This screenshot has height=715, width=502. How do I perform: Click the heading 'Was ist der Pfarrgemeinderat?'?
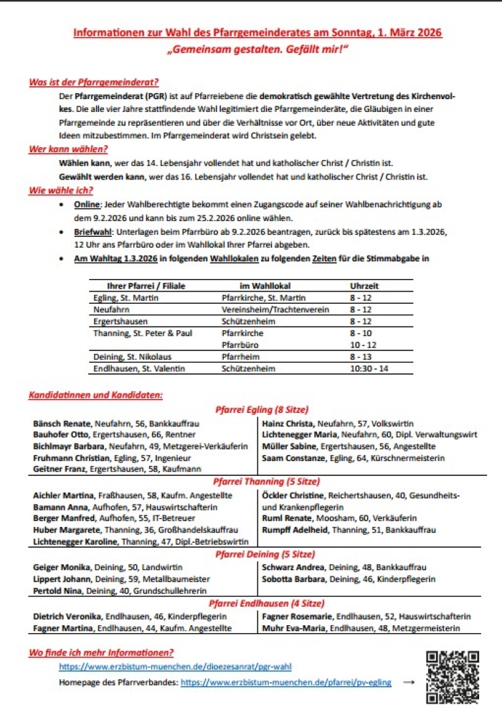pyautogui.click(x=93, y=83)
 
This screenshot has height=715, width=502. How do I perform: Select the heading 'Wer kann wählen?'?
pyautogui.click(x=68, y=149)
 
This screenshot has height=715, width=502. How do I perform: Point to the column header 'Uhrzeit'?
pyautogui.click(x=364, y=286)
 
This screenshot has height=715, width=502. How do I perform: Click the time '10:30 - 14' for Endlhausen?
pyautogui.click(x=369, y=368)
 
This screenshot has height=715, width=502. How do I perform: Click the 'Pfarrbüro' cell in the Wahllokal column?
pyautogui.click(x=242, y=345)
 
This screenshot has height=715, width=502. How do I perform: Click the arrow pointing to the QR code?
pyautogui.click(x=409, y=682)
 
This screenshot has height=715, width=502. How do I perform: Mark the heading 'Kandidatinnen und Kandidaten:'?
pyautogui.click(x=95, y=395)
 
